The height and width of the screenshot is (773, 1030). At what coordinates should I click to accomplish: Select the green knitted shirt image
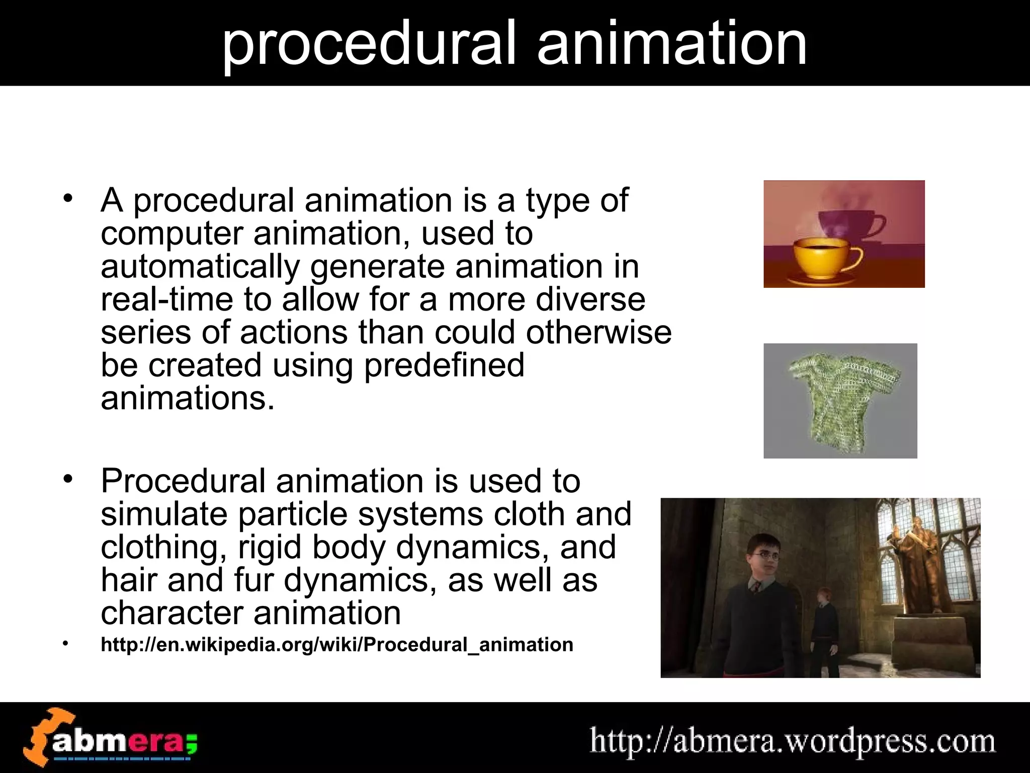coord(840,400)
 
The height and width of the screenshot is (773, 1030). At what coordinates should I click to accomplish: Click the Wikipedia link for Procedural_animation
coord(337,645)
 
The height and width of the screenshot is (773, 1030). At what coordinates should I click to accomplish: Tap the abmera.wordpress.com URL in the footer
coord(792,742)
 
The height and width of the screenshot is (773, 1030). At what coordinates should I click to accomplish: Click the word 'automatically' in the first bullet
coord(200,267)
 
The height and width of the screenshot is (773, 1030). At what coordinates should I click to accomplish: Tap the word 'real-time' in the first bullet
coord(166,300)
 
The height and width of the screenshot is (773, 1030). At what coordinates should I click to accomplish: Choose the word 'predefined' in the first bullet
coord(444,365)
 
